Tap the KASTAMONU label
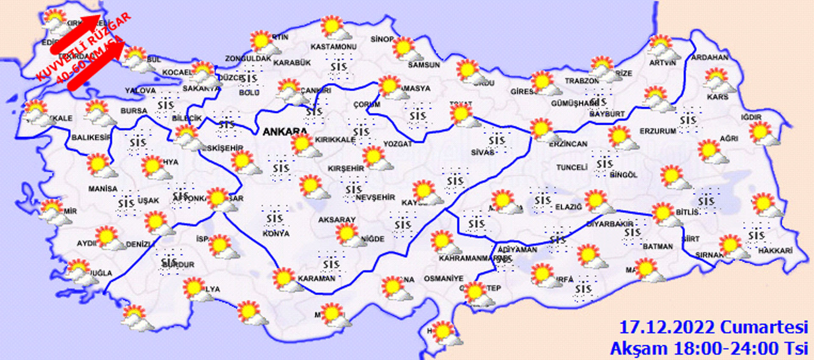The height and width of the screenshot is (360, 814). [333, 47]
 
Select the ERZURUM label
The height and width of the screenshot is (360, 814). [658, 131]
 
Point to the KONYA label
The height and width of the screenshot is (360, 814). [276, 234]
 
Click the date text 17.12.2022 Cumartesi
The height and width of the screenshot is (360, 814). [713, 327]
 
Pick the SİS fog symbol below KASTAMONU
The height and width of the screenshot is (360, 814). [339, 67]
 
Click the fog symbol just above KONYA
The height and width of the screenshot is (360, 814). [274, 218]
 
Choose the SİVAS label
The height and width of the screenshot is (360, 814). [482, 152]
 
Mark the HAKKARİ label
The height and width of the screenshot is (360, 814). [775, 251]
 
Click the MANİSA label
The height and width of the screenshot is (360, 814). [103, 189]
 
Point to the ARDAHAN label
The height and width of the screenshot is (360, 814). [710, 57]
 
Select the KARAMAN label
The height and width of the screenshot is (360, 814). [316, 279]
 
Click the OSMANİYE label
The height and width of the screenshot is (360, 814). [443, 279]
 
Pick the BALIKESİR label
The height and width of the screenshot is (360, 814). [91, 137]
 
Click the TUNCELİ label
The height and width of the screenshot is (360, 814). [572, 167]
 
